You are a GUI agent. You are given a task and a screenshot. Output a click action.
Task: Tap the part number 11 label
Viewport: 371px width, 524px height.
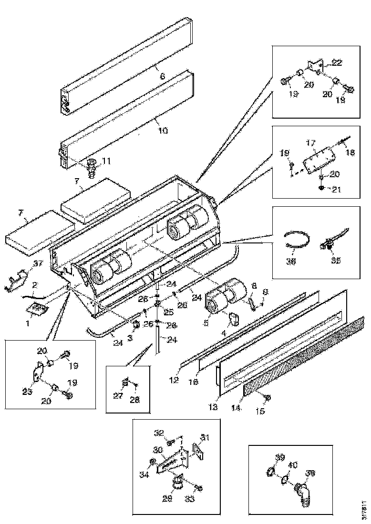pyautogui.click(x=106, y=161)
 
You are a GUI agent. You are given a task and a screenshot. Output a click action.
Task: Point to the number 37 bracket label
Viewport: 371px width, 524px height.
pyautogui.click(x=38, y=264)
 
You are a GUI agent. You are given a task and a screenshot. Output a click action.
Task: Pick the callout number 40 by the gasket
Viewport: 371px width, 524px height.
pyautogui.click(x=293, y=464)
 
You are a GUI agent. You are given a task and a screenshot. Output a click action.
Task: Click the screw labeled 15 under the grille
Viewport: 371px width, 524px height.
pyautogui.click(x=267, y=397)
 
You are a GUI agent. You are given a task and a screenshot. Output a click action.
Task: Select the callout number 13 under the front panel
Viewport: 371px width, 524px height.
pyautogui.click(x=213, y=407)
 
